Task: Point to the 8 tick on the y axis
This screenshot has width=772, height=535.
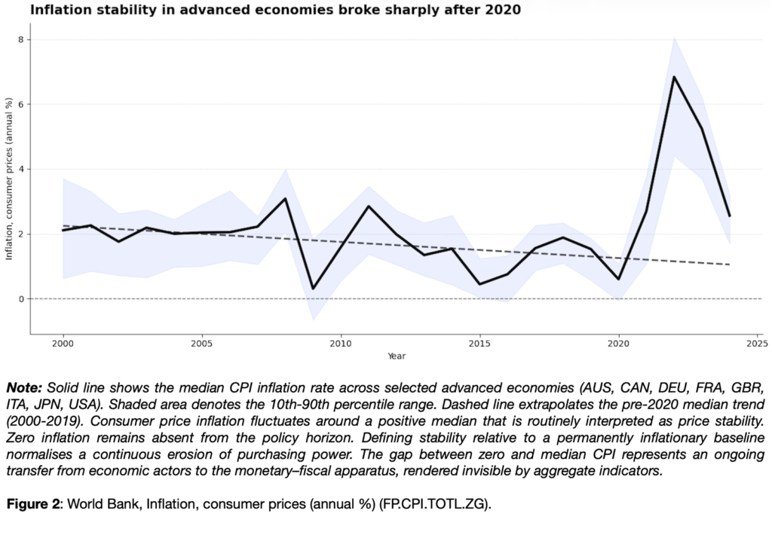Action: pyautogui.click(x=22, y=39)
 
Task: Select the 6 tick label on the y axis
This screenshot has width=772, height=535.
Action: pyautogui.click(x=22, y=104)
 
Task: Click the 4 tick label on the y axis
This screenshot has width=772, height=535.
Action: pyautogui.click(x=22, y=169)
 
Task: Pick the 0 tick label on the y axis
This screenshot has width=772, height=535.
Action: pyautogui.click(x=22, y=299)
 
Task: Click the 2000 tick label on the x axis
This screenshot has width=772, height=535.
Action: pyautogui.click(x=63, y=344)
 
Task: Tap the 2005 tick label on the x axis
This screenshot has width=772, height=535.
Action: pyautogui.click(x=201, y=344)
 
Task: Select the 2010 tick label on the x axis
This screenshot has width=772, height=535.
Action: pyautogui.click(x=341, y=344)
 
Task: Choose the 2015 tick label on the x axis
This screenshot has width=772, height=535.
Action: pyautogui.click(x=479, y=344)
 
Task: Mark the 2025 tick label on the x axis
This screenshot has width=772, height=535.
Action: pyautogui.click(x=757, y=344)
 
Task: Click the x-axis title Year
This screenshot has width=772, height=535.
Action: pyautogui.click(x=397, y=356)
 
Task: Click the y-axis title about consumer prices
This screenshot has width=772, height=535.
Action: pyautogui.click(x=10, y=179)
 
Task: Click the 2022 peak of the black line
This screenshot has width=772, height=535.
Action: pyautogui.click(x=674, y=76)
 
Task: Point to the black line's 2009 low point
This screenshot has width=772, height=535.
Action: pyautogui.click(x=313, y=289)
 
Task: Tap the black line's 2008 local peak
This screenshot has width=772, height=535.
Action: pyautogui.click(x=285, y=198)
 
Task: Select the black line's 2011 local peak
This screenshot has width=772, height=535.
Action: pyautogui.click(x=369, y=206)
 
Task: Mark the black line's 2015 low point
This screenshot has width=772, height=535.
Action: pyautogui.click(x=479, y=284)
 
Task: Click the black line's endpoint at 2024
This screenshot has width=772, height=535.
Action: pyautogui.click(x=729, y=216)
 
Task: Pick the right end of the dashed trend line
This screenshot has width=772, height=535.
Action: pyautogui.click(x=729, y=264)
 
